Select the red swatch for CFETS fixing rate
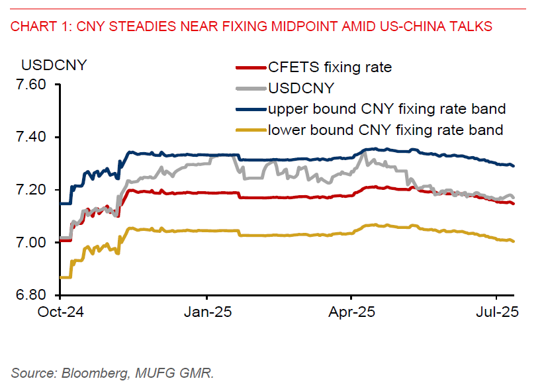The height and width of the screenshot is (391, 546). [x=251, y=67]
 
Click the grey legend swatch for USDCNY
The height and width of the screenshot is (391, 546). [x=251, y=87]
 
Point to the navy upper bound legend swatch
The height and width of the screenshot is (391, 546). [x=251, y=109]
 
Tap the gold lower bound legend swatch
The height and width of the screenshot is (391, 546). [x=251, y=130]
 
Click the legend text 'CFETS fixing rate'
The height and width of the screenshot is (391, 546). [x=330, y=67]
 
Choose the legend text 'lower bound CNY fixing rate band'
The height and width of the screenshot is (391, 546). [x=385, y=130]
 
